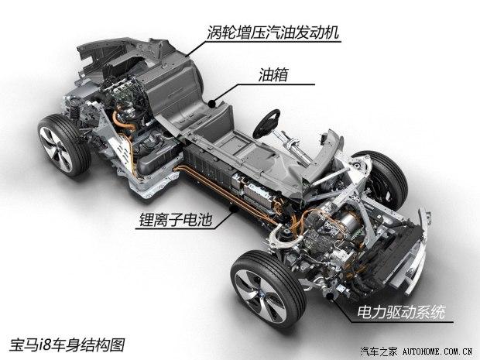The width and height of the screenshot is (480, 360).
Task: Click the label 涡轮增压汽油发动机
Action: pos(273,33)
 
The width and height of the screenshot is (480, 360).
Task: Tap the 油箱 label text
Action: pos(273,74)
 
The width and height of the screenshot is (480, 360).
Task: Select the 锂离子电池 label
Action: pos(176,220)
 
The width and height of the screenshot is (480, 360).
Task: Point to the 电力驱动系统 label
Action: pos(401,313)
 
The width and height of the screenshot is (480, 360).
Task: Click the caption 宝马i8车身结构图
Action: pos(67,345)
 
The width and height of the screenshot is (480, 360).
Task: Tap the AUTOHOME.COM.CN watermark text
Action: pos(437,351)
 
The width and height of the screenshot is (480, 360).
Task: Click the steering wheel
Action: pos(266,124)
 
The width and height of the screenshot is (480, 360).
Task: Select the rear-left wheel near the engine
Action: pos(63,145)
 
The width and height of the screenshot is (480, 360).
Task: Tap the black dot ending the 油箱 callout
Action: pos(212,104)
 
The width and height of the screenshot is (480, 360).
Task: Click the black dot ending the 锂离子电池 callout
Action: pos(233,209)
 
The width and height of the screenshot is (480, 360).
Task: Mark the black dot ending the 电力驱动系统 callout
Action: pos(330,297)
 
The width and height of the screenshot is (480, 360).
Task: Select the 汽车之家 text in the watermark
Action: pos(379,351)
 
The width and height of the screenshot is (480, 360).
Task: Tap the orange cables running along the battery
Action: pos(224,194)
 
